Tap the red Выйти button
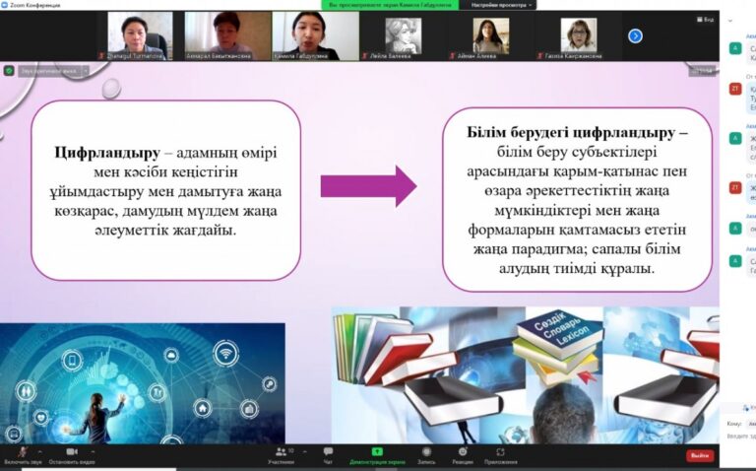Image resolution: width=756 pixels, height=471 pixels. click(700, 455)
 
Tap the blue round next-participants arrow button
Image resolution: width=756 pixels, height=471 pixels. click(635, 35)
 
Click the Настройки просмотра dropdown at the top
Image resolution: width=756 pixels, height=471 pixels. click(501, 5)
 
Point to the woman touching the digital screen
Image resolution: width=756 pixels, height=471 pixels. click(102, 410)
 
